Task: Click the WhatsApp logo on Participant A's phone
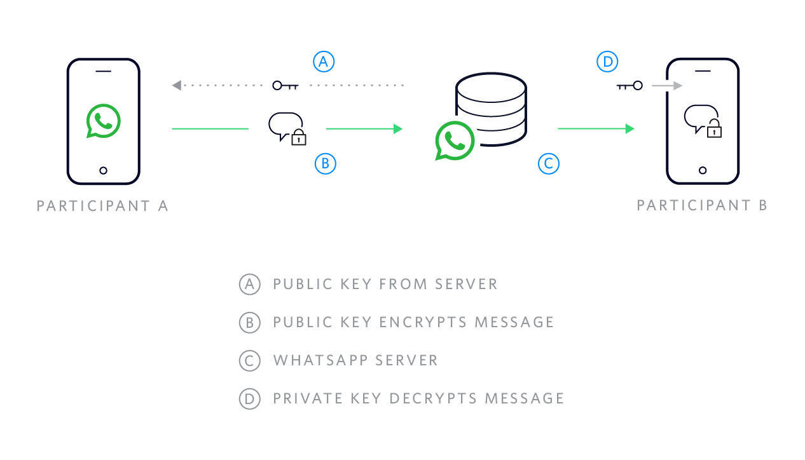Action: (x=103, y=121)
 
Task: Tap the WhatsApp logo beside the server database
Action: (x=455, y=140)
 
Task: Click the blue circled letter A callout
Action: (x=324, y=62)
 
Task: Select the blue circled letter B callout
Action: (x=325, y=164)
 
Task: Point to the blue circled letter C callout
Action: (x=548, y=164)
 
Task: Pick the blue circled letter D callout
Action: (x=607, y=62)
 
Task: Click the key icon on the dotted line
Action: (x=285, y=85)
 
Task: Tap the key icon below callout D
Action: (x=630, y=85)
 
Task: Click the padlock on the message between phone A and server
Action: (x=299, y=138)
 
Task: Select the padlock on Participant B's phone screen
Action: (x=714, y=130)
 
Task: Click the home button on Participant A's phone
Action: (x=104, y=170)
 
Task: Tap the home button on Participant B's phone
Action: (x=703, y=170)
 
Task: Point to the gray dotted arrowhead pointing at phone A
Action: (x=177, y=85)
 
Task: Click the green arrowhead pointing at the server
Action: (x=398, y=129)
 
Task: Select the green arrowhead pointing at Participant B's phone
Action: (x=630, y=129)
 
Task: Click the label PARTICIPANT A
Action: (x=102, y=206)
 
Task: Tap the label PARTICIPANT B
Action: (x=702, y=205)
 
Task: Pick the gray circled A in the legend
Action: (x=249, y=284)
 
